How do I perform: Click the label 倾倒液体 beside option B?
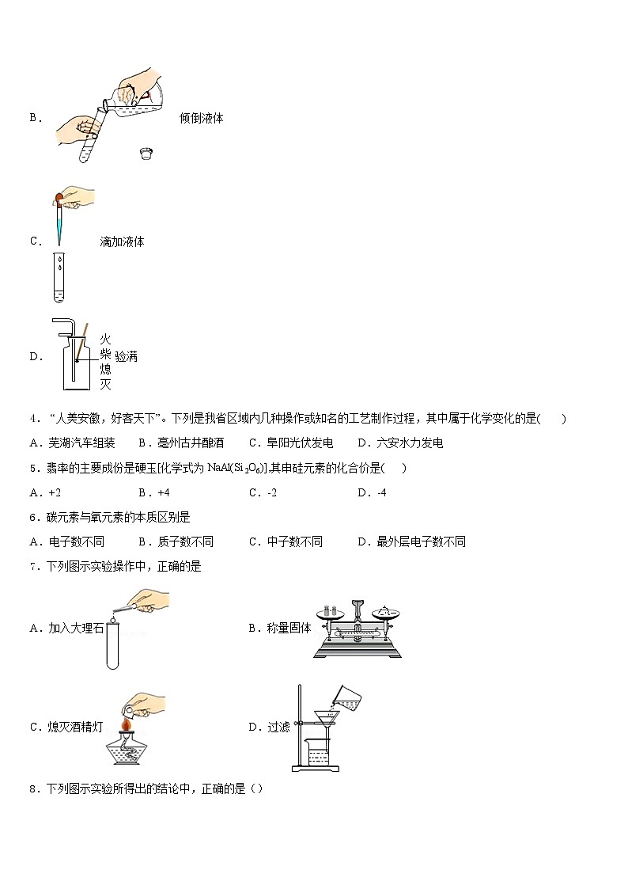click(201, 118)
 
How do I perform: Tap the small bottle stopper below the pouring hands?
click(145, 153)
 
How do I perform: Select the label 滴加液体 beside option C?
click(122, 241)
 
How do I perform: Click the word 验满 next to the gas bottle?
click(127, 357)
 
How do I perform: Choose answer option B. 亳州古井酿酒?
click(181, 443)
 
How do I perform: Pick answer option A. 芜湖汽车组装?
click(72, 443)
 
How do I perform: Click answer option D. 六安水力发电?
click(400, 443)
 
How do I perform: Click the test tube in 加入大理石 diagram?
click(112, 645)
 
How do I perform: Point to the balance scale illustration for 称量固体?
click(358, 628)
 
